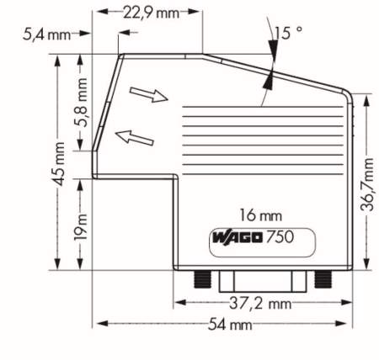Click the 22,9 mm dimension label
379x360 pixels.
[x=149, y=13]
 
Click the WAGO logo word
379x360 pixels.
[x=235, y=239]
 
